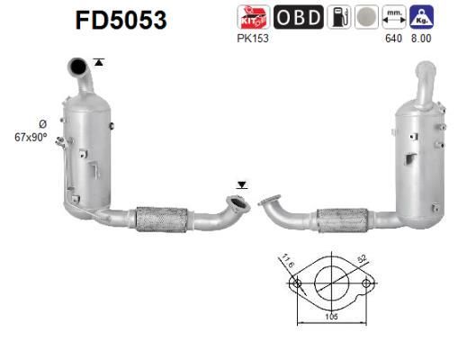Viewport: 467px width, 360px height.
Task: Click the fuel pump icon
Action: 339,17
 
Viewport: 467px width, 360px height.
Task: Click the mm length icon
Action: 392,17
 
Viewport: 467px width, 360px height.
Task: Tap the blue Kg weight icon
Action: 419,17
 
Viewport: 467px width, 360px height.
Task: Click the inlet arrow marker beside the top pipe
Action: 98,62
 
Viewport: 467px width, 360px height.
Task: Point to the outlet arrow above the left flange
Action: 240,185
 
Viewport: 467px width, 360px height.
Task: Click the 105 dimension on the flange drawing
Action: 329,317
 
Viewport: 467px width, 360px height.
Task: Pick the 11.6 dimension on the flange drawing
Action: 287,261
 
